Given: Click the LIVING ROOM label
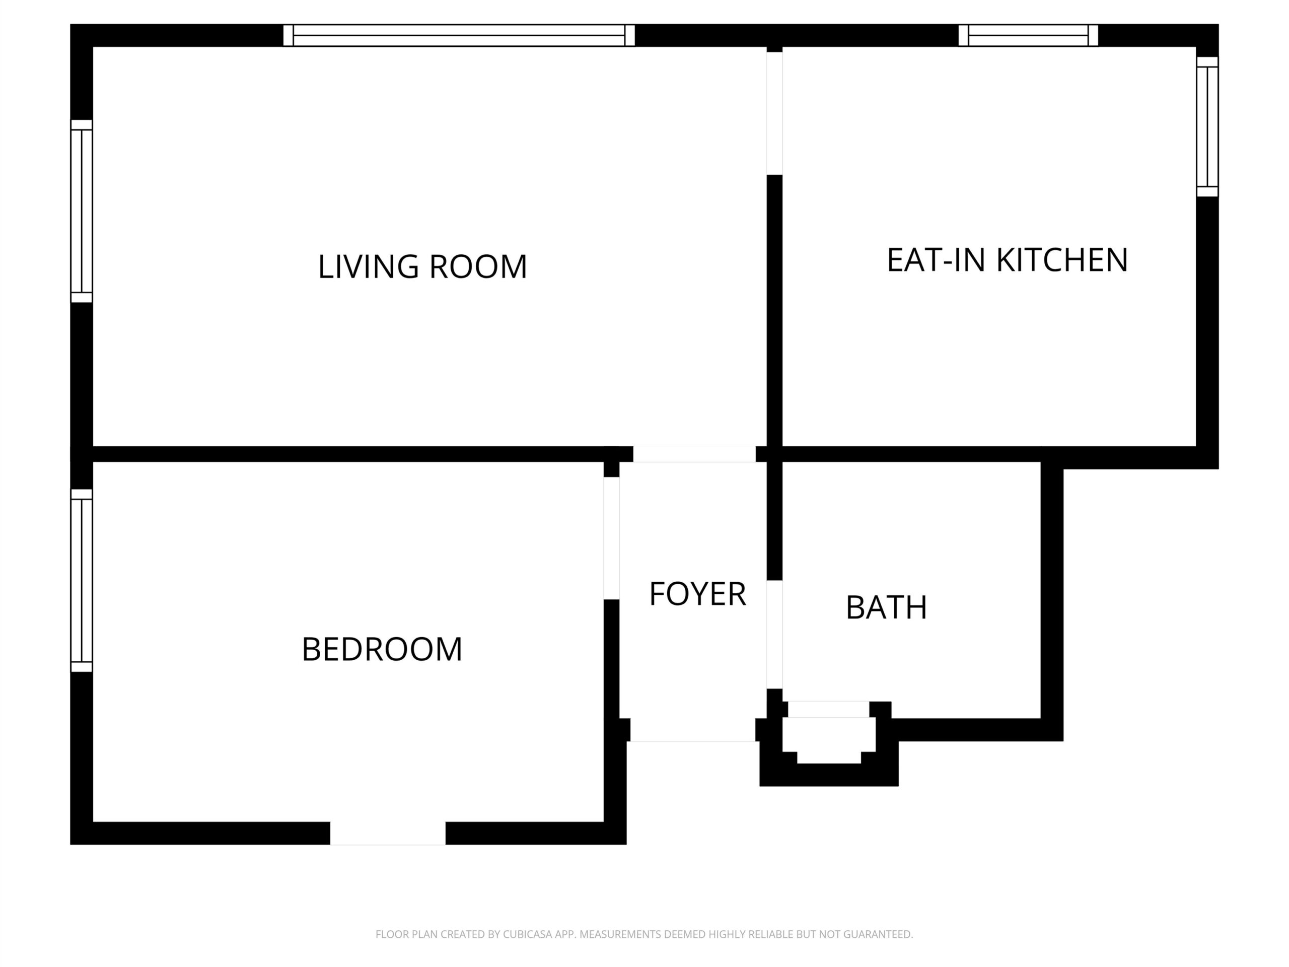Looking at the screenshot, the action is point(422,266).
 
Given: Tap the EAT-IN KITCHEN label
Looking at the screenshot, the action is point(1007,260).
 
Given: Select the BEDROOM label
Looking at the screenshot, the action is point(382,649).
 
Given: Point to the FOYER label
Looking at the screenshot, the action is point(697,594).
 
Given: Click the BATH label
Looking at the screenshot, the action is point(886,607).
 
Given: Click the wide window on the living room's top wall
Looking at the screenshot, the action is point(459,35).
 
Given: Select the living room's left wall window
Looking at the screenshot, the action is point(82,211).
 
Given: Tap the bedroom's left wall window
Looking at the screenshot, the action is point(82,580).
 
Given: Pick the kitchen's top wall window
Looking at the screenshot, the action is point(1028,35).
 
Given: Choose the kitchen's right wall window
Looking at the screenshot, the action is point(1207,126).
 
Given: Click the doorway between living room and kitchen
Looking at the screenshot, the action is point(774,113).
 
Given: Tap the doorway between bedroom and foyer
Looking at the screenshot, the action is point(611,538).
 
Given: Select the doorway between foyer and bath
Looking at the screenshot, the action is point(774,634).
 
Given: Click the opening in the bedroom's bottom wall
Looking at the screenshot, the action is point(388,833).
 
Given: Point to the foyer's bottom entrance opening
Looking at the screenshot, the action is point(693,730).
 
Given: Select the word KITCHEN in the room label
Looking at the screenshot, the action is point(1062,260).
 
